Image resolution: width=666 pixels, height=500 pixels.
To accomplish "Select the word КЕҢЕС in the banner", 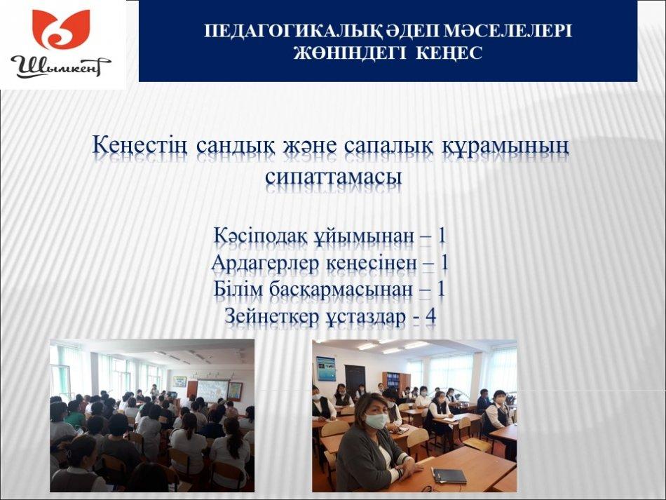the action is click(449, 53).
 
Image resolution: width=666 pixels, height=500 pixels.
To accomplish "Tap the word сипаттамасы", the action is click(334, 177).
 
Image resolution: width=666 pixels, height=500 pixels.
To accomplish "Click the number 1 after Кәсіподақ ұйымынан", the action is click(442, 236).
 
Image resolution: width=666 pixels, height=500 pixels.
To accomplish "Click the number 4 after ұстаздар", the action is click(430, 316).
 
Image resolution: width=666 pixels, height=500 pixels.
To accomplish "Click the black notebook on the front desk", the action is click(449, 475).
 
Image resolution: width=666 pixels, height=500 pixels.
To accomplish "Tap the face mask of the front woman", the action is click(376, 421).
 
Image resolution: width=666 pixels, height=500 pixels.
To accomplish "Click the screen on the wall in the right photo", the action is click(326, 369).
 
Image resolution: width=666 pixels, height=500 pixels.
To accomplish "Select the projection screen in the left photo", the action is click(212, 390).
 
